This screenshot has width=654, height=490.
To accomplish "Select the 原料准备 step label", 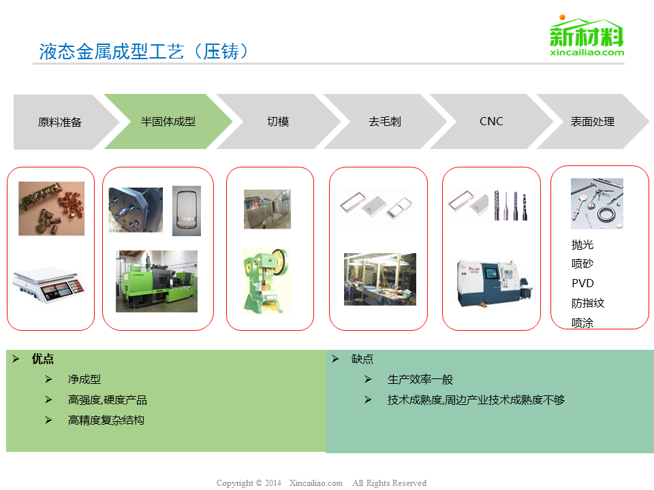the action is pos(60,122).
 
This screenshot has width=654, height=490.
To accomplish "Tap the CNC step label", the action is pos(491,121).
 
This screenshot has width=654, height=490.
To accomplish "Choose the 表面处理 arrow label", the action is pos(592,122).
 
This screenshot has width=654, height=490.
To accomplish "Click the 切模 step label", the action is pos(278,122).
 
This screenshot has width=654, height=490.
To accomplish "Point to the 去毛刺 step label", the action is pos(384,122).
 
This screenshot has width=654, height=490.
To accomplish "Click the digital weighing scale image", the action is pos(49,284).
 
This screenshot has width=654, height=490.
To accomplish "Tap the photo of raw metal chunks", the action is pos(51,208).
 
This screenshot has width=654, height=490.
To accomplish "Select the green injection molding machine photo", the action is pos(157,281).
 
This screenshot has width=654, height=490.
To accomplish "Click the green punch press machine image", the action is pos(266,281).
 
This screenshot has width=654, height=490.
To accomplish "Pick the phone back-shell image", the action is pos(187,211).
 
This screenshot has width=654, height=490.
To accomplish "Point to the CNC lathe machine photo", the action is pos(495,283).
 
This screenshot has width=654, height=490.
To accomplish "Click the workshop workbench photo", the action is pos(380,279).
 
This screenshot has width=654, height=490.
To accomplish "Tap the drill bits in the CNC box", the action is pos(510,206).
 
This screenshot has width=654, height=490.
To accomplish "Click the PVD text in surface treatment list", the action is pos(582,283).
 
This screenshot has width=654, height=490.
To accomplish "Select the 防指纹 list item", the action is pos(588,303).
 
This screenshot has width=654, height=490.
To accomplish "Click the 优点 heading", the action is pos(42,359).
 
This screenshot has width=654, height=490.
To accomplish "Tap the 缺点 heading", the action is pos(362,359).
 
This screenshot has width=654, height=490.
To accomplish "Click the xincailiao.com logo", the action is pos(587,36).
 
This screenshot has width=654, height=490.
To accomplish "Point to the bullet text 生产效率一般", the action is pos(420,380).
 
